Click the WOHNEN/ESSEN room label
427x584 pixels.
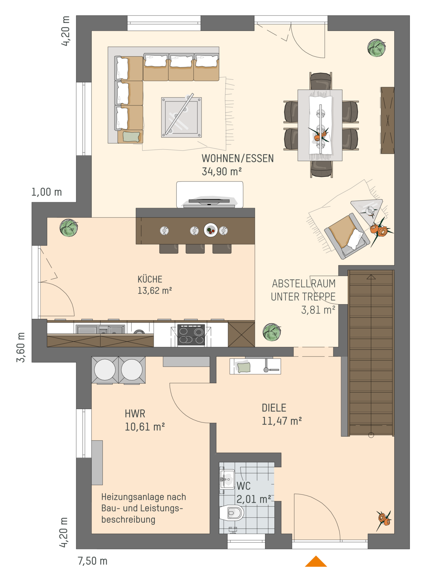point(237,158)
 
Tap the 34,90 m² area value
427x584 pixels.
point(222,172)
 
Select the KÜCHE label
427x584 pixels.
point(150,279)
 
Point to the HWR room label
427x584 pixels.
point(135,414)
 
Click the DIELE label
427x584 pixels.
point(274,408)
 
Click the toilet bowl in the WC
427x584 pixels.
point(232,513)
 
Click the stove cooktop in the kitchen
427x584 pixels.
point(191,335)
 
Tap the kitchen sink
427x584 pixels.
point(100,329)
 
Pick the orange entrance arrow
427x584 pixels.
point(316,561)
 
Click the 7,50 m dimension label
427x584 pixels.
point(93,561)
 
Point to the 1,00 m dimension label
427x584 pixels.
point(47,192)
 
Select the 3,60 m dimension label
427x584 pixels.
point(21,347)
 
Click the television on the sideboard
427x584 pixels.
point(209,202)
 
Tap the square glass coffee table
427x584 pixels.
point(181,117)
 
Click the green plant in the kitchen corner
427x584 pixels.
point(69,228)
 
